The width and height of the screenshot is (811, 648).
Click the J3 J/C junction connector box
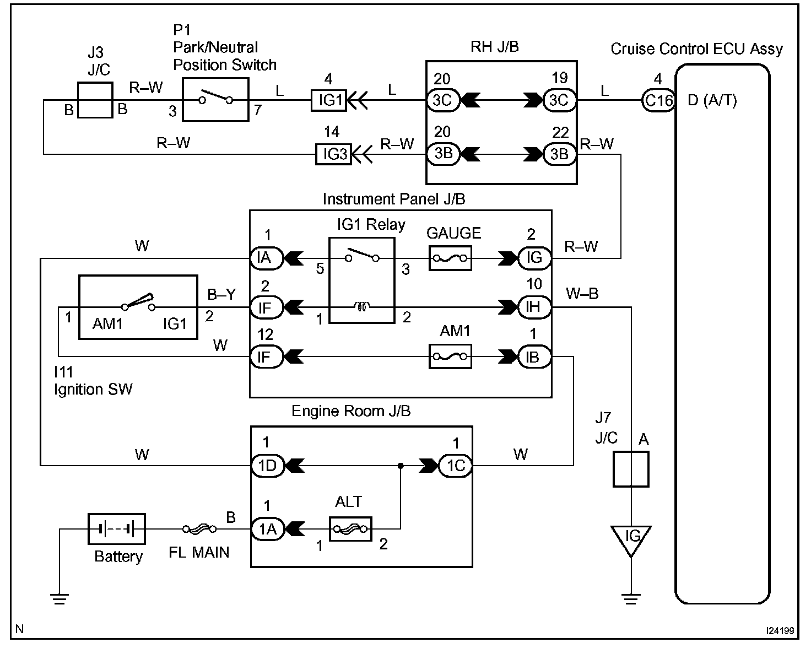pos(95,100)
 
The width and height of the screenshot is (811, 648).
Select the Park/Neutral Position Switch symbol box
pos(215,100)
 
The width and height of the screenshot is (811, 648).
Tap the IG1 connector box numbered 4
pos(329,100)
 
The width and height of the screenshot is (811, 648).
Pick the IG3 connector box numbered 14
pos(333,154)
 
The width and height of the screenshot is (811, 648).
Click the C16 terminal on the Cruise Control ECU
pos(658,100)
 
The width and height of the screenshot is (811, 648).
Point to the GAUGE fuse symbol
pos(450,258)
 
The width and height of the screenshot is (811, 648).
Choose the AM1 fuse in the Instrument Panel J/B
pos(450,357)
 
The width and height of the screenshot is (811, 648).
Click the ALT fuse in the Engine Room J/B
pos(350,529)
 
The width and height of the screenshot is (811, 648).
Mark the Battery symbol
pos(117,529)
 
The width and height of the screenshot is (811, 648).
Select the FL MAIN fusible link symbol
pos(199,529)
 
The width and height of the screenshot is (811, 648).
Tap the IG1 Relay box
pos(362,280)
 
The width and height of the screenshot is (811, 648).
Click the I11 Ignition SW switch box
pos(138,307)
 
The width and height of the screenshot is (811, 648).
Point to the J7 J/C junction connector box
pos(631,469)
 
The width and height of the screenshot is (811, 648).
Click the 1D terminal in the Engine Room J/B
pos(267,466)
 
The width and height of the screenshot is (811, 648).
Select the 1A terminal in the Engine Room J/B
pos(267,529)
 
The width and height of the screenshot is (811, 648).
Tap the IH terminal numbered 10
pos(534,307)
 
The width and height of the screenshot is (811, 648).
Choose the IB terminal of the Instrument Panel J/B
pos(534,357)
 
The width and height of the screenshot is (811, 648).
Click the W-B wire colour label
pos(582,294)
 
